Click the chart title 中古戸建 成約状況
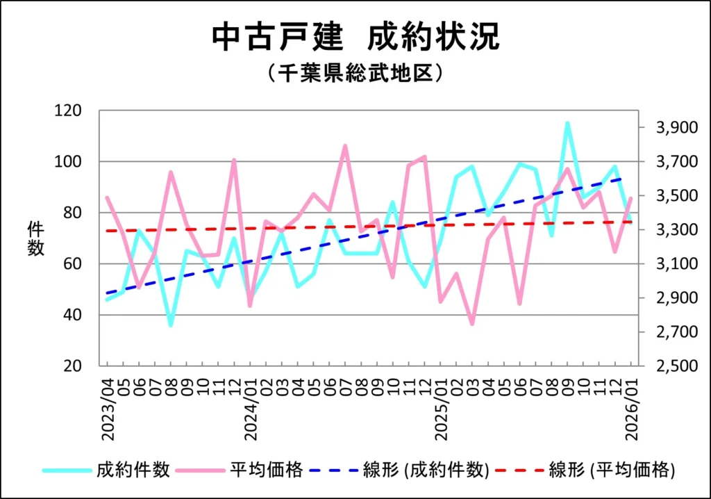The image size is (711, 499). [x=355, y=38]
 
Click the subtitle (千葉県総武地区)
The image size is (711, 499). [x=355, y=73]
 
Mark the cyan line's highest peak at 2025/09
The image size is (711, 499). [x=567, y=123]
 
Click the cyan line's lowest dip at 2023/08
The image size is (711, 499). [x=171, y=325]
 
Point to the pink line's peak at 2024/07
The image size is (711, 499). [x=345, y=146]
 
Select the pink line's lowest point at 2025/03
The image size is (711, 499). [x=472, y=324]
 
